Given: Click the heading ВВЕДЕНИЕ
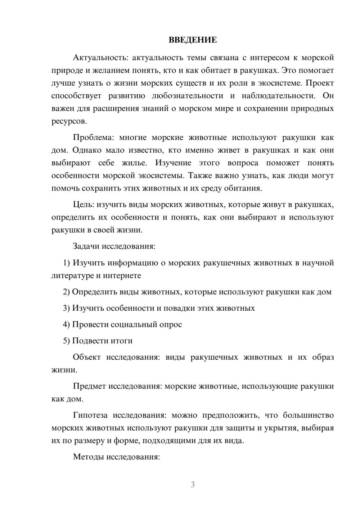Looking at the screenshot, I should point(193,40).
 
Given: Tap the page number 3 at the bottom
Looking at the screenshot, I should point(193,485).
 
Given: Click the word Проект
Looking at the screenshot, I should point(320,83).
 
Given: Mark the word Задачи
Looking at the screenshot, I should point(86,247).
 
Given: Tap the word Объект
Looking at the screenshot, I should point(86,357).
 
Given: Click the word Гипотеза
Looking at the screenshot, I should point(90,415).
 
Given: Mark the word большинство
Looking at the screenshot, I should point(308,415).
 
